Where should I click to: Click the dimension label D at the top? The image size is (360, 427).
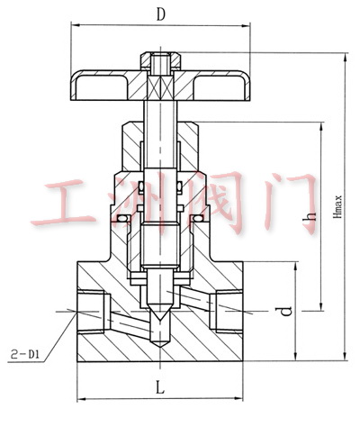pos(161,14)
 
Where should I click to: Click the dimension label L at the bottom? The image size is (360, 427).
pos(160,386)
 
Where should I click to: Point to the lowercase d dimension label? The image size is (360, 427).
pos(286,312)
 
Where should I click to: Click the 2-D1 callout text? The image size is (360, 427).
pos(24,354)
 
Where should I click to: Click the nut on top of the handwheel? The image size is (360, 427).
pos(161,61)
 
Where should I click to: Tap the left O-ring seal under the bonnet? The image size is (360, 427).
pos(123,218)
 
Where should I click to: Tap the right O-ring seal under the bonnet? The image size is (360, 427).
pos(198,218)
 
